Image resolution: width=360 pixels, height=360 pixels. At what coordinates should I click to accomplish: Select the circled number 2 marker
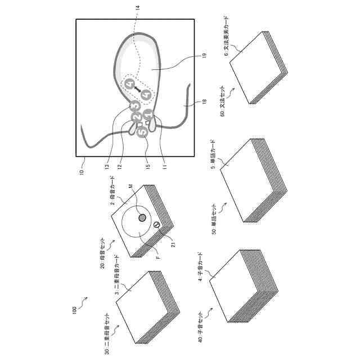(136, 116)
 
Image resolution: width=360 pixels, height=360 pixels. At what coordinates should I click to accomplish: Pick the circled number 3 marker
(134, 105)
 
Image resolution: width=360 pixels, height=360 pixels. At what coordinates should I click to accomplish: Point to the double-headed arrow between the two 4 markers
(138, 89)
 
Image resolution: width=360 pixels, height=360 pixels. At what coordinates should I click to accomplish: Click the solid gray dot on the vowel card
(142, 217)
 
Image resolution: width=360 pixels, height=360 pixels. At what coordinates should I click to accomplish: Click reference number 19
(204, 56)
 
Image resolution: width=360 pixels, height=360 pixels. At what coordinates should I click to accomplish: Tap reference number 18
(204, 102)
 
